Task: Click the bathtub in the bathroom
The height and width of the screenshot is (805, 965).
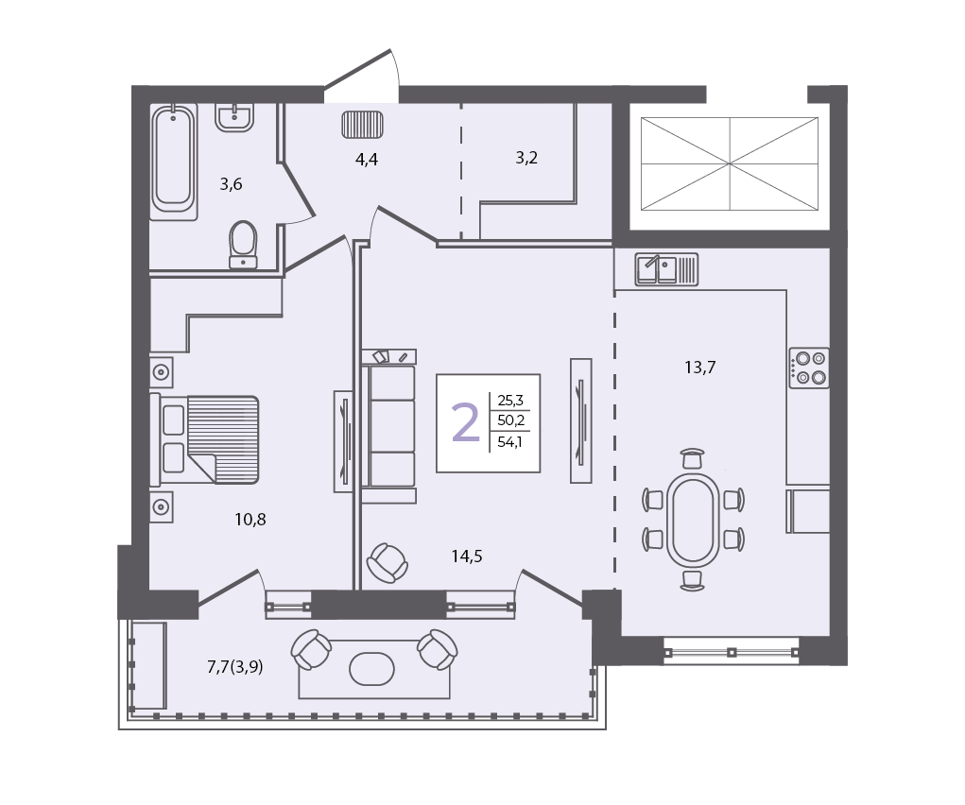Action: (x=174, y=162)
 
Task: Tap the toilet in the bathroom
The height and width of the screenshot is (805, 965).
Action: (x=243, y=245)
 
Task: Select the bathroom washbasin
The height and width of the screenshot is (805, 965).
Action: (x=234, y=117)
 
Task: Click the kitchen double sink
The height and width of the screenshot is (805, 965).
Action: (x=666, y=269)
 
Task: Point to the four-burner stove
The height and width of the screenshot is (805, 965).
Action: (x=809, y=368)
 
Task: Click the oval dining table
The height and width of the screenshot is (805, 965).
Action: (x=693, y=520)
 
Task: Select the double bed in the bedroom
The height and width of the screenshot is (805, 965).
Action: (x=204, y=439)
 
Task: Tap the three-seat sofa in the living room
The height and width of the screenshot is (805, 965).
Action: (x=388, y=426)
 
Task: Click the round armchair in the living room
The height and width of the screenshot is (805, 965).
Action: (x=388, y=562)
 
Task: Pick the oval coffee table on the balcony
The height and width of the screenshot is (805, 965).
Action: (x=371, y=669)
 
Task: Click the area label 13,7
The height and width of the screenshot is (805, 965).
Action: (x=699, y=368)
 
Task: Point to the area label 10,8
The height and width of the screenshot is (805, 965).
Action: (x=250, y=520)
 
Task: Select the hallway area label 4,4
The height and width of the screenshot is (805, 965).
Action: (x=366, y=160)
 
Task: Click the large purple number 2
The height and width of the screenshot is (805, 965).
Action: (x=465, y=422)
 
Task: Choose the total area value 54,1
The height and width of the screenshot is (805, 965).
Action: (x=509, y=442)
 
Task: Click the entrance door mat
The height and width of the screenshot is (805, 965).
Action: (x=363, y=125)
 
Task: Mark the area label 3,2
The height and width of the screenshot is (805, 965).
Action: (x=526, y=158)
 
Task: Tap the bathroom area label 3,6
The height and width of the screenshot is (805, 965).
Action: (x=231, y=184)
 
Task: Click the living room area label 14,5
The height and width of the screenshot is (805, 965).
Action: (x=467, y=557)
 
